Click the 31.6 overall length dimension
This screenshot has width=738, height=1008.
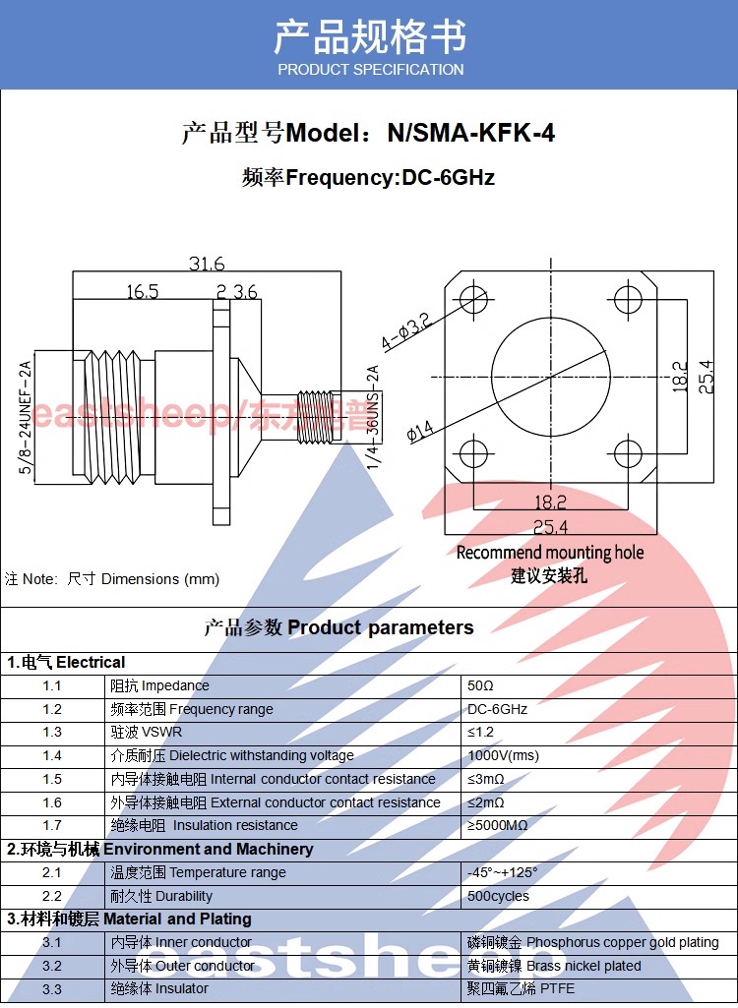[x=207, y=264]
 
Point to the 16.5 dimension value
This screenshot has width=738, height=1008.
[x=143, y=292]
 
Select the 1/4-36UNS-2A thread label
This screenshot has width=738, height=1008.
[x=373, y=417]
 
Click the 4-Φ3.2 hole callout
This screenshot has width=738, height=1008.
[x=405, y=332]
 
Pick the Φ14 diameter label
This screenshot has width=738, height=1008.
[x=421, y=431]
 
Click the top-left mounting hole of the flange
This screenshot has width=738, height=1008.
[x=473, y=298]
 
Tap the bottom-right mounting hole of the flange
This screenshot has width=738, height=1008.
[x=628, y=454]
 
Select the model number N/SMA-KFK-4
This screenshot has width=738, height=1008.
[x=471, y=133]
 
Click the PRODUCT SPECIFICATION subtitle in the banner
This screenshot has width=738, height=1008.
[x=371, y=70]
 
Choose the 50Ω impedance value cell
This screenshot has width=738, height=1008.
[x=480, y=685]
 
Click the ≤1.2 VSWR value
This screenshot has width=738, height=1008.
[x=480, y=733]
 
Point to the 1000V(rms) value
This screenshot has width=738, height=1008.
[x=503, y=756]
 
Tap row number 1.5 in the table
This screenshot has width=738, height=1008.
[x=52, y=779]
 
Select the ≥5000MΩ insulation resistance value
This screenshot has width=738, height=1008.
[x=497, y=825]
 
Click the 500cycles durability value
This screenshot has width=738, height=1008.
[x=498, y=896]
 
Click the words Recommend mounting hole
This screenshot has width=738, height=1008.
[x=550, y=553]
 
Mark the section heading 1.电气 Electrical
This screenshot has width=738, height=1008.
[x=66, y=663]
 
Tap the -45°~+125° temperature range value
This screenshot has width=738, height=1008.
[x=503, y=873]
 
